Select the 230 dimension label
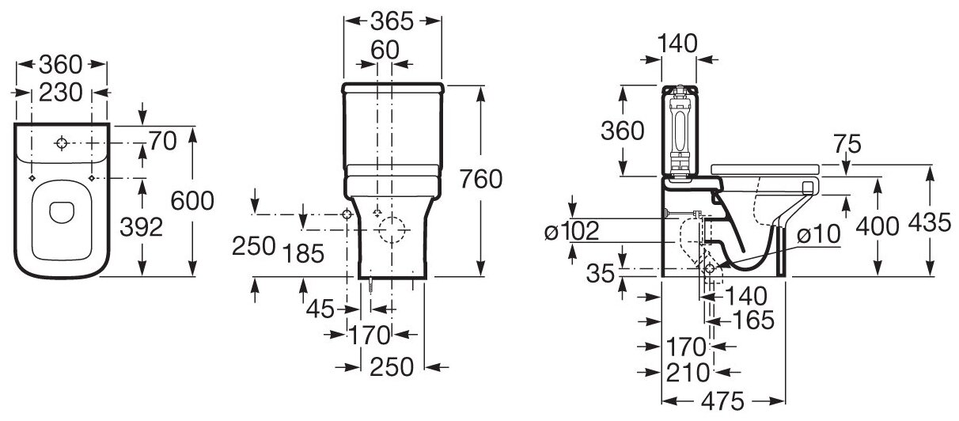61,92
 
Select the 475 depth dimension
723,402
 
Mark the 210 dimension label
687,371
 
